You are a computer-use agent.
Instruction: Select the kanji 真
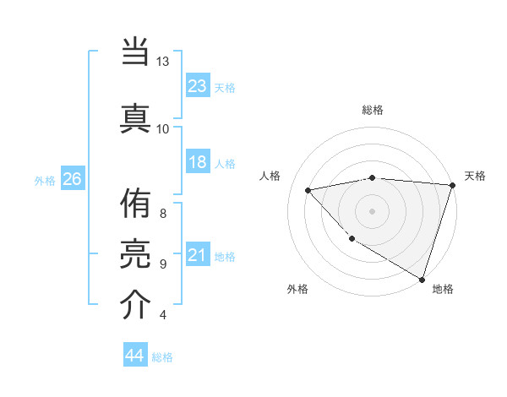pos(136,116)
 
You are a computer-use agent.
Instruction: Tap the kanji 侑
pos(136,206)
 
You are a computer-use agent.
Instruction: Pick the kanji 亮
pos(136,254)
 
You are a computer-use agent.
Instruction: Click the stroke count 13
pos(163,63)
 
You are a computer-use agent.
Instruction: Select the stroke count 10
pos(163,128)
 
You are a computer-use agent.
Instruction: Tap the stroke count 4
pos(162,315)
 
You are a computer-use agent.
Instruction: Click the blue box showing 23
pos(198,86)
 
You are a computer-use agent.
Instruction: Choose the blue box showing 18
pos(198,163)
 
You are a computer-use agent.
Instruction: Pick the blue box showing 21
pos(198,256)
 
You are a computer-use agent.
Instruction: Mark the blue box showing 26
pos(73,179)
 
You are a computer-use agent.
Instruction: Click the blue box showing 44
pos(134,356)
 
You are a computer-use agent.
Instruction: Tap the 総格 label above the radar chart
pos(373,110)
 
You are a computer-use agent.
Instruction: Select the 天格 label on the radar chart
pos(475,176)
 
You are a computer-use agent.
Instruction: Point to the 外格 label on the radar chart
pos(297,289)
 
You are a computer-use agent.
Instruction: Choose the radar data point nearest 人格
pos(308,190)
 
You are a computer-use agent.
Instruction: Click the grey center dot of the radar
pos(373,210)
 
